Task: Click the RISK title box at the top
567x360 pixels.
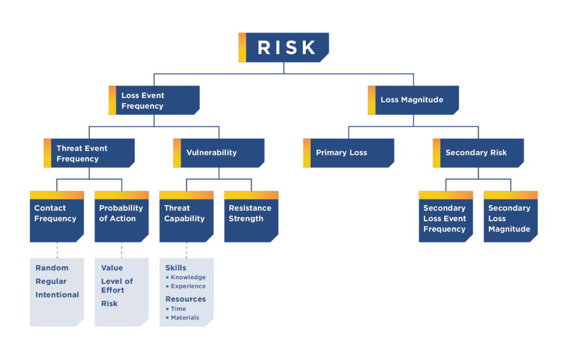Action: click(x=286, y=47)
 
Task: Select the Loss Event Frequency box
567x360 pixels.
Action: click(x=154, y=100)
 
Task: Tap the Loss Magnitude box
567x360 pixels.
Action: click(x=413, y=100)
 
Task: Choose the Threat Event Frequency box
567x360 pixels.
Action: click(x=89, y=153)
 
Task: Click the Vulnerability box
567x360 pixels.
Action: click(x=219, y=153)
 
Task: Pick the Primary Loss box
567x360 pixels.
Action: click(x=348, y=153)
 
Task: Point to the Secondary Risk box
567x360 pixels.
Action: click(x=478, y=153)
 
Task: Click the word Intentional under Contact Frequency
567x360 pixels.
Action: click(x=57, y=295)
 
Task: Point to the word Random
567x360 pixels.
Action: click(x=52, y=268)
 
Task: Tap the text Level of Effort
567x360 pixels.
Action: click(x=117, y=285)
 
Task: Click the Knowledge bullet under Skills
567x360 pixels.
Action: click(x=188, y=277)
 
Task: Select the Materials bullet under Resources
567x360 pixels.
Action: click(x=185, y=317)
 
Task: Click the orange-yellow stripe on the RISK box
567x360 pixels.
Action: click(x=242, y=47)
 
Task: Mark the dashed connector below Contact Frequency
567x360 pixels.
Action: click(x=57, y=250)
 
